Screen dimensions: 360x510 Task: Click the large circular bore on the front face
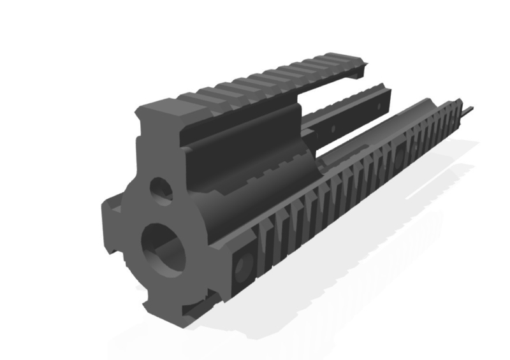163,250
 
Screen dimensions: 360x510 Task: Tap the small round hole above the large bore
161,190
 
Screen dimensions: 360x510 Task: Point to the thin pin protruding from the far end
468,112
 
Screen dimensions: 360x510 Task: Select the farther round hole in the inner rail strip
380,104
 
